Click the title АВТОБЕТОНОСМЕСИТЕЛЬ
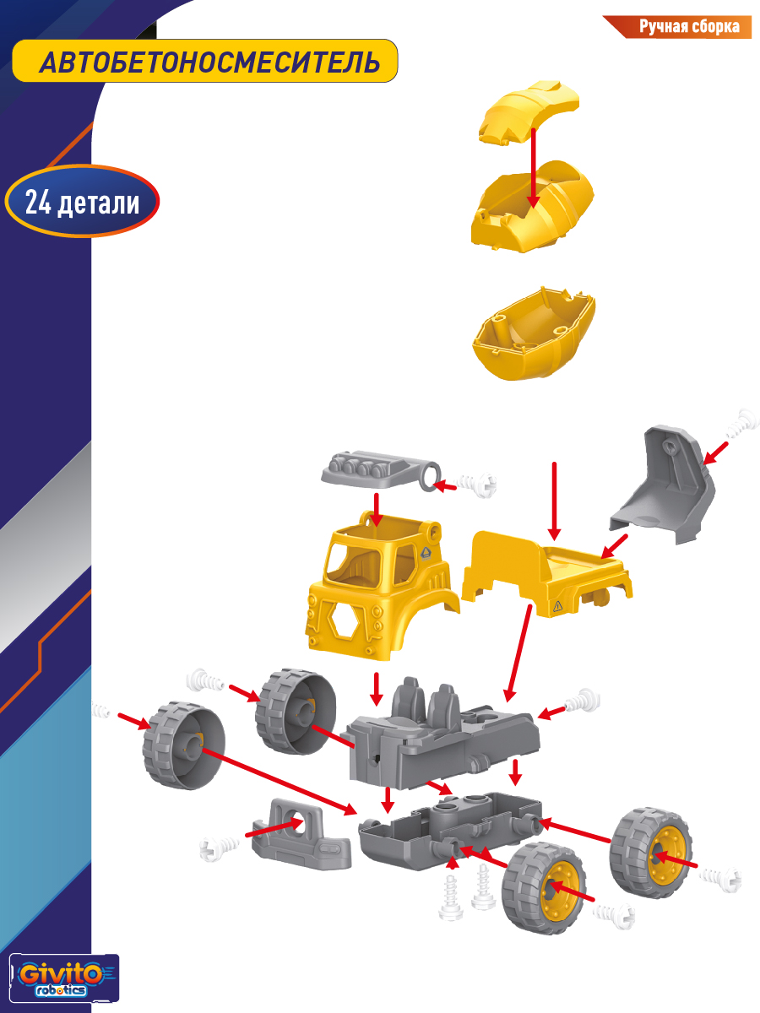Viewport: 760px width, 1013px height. point(209,62)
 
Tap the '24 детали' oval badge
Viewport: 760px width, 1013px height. point(82,202)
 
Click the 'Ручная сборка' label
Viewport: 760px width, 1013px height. point(689,26)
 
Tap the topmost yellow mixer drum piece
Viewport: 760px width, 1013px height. point(529,113)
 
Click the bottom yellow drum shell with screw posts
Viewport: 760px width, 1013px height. point(534,333)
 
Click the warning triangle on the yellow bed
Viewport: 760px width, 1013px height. point(557,606)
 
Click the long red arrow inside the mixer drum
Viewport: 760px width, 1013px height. point(534,168)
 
